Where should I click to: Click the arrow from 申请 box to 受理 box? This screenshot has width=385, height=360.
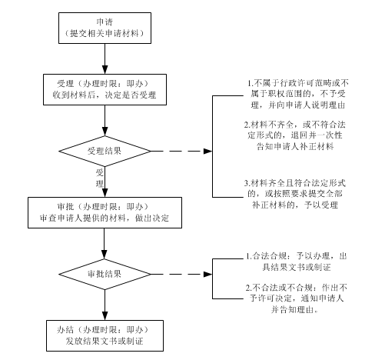pyautogui.click(x=105, y=58)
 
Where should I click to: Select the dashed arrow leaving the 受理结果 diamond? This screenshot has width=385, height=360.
pyautogui.click(x=181, y=151)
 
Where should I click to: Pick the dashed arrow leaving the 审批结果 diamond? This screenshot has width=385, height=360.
pyautogui.click(x=181, y=274)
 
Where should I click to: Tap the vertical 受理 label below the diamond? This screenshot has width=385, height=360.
pyautogui.click(x=100, y=178)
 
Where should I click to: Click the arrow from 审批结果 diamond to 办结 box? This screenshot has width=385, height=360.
pyautogui.click(x=105, y=305)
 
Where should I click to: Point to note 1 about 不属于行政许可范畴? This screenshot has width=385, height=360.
pyautogui.click(x=298, y=94)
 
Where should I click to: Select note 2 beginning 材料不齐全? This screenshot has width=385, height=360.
pyautogui.click(x=295, y=135)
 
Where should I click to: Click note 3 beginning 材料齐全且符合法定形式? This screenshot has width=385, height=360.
pyautogui.click(x=295, y=194)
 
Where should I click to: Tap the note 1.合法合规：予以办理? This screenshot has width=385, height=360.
pyautogui.click(x=297, y=262)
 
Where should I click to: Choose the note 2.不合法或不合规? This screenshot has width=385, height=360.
pyautogui.click(x=297, y=298)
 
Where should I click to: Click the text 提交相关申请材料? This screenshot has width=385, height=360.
pyautogui.click(x=105, y=34)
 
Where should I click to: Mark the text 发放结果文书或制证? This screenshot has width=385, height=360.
pyautogui.click(x=105, y=342)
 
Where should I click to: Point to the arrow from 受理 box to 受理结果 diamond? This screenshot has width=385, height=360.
pyautogui.click(x=105, y=121)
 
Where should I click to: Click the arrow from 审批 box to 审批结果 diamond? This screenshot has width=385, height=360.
pyautogui.click(x=105, y=244)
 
